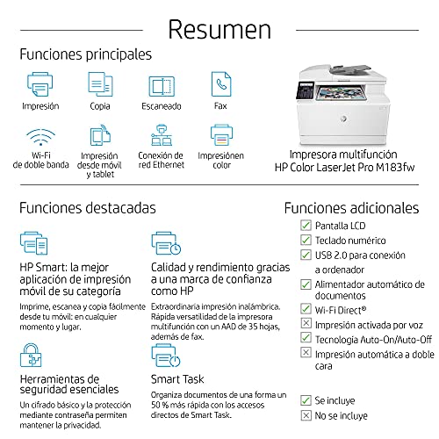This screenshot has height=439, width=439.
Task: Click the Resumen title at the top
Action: [219, 29]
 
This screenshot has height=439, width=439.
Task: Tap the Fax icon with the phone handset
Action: [221, 84]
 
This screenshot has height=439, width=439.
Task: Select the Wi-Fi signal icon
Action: [40, 137]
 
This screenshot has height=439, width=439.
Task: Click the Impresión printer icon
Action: [40, 84]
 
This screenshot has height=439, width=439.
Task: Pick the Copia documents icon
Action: [100, 84]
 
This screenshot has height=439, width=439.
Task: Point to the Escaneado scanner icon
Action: [162, 86]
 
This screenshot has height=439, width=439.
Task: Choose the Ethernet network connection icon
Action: [162, 135]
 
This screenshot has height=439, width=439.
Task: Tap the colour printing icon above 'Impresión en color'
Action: [221, 135]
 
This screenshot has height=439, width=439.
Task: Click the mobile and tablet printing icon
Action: [100, 135]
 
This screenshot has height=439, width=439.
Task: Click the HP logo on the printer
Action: [343, 119]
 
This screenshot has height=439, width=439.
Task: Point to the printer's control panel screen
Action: [305, 90]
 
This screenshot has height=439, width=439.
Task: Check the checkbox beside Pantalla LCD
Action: [306, 226]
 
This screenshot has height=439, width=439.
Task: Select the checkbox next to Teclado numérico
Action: [306, 240]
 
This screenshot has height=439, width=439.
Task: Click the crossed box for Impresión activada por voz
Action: [306, 323]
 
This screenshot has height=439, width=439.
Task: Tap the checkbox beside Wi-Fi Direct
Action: [306, 309]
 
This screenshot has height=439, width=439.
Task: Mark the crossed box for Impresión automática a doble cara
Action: [306, 352]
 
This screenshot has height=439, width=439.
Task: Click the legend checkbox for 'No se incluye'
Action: [306, 415]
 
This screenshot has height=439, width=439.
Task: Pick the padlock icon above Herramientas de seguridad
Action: [31, 356]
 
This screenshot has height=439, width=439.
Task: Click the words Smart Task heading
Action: [177, 379]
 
